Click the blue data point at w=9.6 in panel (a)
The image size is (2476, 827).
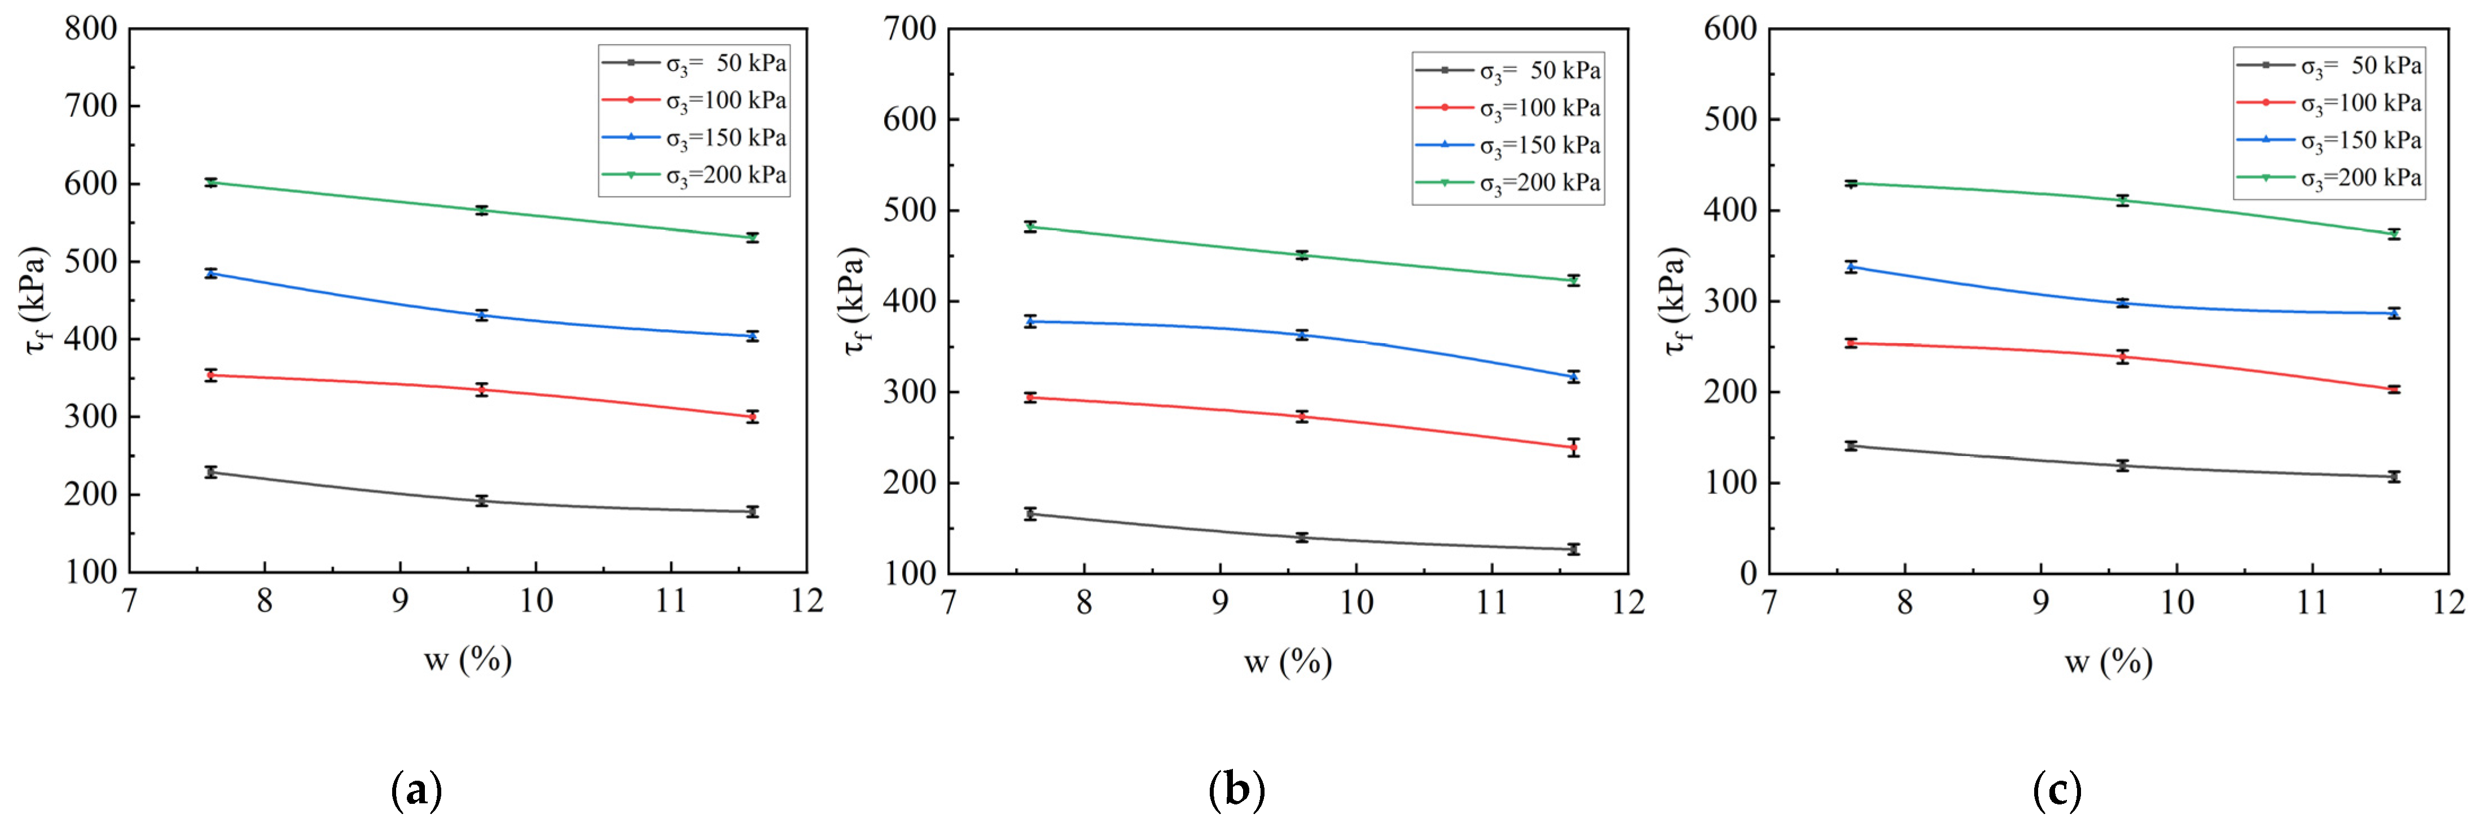(481, 316)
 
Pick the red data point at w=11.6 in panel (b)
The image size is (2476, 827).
(1573, 447)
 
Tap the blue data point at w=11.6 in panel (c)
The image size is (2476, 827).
(2394, 313)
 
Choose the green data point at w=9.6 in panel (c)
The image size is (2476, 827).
(2122, 200)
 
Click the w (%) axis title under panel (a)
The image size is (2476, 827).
(468, 660)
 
